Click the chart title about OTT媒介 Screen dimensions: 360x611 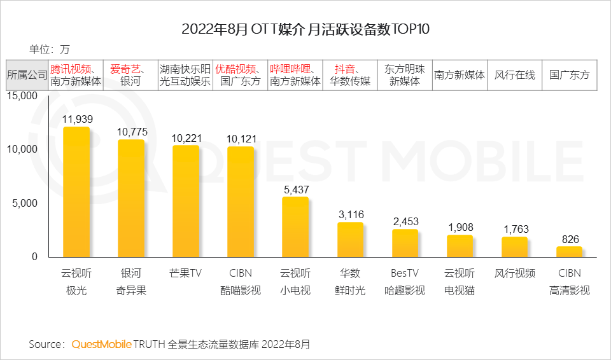tap(305, 29)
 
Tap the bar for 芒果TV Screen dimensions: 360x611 tap(186, 201)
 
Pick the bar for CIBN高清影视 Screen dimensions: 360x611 tap(570, 251)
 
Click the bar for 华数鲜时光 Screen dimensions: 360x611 tap(350, 239)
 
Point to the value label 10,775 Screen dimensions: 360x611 tap(131, 132)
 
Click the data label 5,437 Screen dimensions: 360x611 tap(295, 189)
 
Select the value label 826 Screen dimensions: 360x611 tap(570, 239)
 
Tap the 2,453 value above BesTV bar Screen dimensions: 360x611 tap(405, 221)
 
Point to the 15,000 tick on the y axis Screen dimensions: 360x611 tap(24, 95)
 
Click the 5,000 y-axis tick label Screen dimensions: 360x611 tap(26, 203)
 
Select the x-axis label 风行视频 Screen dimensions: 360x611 tap(515, 273)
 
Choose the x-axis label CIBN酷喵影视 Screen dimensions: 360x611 tap(241, 282)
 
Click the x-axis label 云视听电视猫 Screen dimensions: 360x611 tap(460, 282)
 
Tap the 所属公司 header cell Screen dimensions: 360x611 tap(27, 75)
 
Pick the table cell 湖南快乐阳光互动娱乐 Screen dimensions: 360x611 tap(185, 75)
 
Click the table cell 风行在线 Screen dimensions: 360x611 tap(515, 75)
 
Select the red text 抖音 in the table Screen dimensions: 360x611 tap(344, 69)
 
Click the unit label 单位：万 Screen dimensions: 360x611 tap(49, 49)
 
